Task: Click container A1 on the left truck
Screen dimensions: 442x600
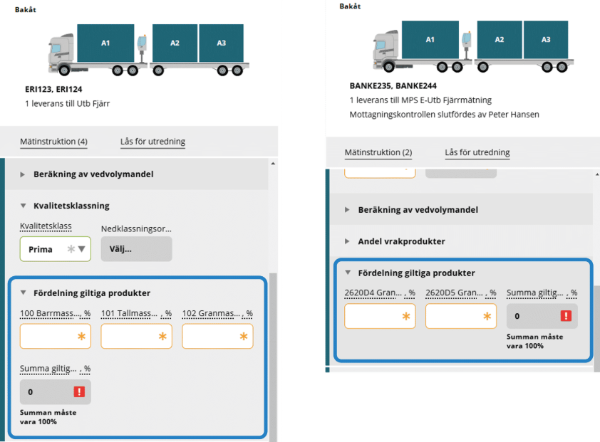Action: tap(105, 43)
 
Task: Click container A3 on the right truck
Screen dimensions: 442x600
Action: tap(546, 40)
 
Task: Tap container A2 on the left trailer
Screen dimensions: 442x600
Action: tap(175, 43)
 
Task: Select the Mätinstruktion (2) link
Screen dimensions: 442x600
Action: tap(378, 152)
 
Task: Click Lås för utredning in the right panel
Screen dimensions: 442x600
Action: tap(477, 152)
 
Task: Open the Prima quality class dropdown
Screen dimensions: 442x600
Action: tap(56, 249)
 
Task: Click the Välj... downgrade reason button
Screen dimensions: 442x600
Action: tap(136, 249)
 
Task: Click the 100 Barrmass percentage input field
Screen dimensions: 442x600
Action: tap(56, 336)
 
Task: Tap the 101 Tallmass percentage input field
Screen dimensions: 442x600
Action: tap(136, 336)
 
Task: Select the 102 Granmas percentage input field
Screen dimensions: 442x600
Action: tap(217, 336)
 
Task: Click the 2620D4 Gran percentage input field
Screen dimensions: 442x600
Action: tap(380, 316)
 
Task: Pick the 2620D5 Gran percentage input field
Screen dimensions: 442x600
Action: tap(461, 316)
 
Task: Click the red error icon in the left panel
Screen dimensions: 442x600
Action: tap(79, 391)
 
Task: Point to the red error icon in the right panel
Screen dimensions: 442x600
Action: tap(566, 316)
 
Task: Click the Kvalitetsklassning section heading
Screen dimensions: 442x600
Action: tap(71, 206)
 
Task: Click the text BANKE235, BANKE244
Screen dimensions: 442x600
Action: tap(393, 86)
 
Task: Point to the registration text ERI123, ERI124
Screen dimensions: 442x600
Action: tap(53, 90)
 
